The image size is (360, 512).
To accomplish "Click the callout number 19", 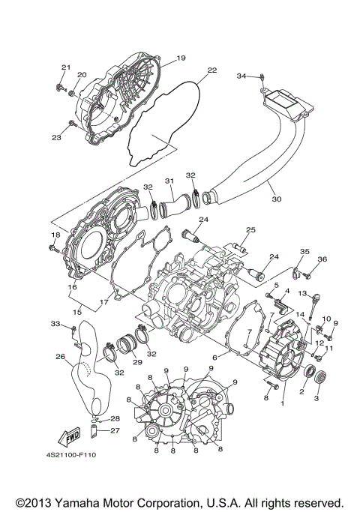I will point(180,58).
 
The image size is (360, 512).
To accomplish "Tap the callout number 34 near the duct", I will point(241,76).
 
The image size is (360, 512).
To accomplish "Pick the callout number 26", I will point(61,356).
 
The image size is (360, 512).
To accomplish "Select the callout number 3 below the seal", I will point(316,398).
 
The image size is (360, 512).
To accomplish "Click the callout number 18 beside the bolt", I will point(54,235).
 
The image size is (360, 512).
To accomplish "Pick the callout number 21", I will point(65,68).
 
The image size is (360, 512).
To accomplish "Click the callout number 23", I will point(57,136).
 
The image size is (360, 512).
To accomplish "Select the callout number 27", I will point(115,430).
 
